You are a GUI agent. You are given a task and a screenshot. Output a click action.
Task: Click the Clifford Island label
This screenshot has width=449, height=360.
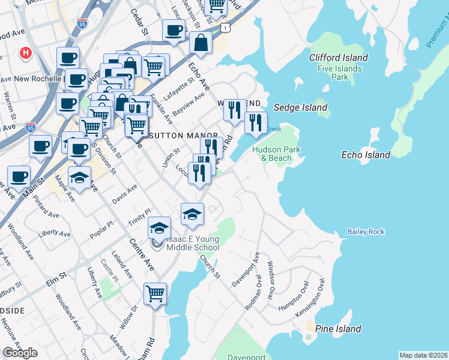(338, 58)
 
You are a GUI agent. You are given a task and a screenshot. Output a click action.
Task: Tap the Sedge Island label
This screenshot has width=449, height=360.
(301, 108)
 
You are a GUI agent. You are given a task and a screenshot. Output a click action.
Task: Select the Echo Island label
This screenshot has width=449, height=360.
(366, 155)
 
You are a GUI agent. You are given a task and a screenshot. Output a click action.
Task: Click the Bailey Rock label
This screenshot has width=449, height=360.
(366, 232)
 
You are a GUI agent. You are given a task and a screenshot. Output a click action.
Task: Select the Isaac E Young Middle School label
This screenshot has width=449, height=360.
(188, 243)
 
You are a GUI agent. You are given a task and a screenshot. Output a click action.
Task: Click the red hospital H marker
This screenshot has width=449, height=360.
(25, 53)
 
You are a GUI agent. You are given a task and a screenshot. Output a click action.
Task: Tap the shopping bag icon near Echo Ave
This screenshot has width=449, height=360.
(200, 43)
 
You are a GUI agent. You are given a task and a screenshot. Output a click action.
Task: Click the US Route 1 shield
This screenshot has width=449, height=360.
(224, 28)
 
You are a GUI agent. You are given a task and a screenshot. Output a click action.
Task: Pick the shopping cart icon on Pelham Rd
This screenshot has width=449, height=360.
(155, 295)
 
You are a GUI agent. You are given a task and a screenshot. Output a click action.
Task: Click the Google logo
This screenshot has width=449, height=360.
(20, 353)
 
